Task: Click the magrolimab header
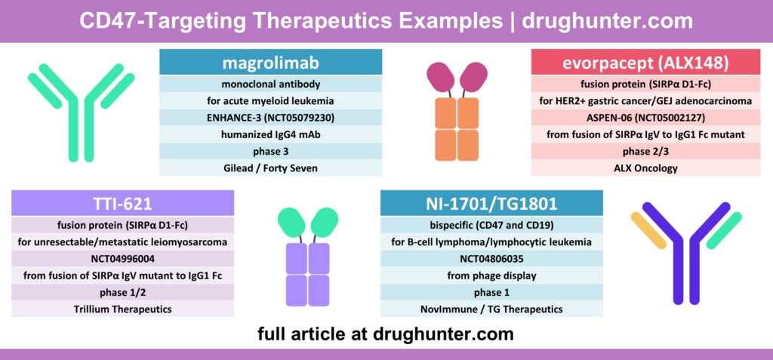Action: click(270, 62)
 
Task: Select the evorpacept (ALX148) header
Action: click(645, 62)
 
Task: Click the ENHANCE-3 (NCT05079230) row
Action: click(270, 117)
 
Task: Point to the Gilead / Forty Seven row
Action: click(270, 168)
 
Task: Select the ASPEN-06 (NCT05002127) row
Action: click(645, 117)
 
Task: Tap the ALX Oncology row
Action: click(645, 168)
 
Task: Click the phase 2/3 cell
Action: click(645, 151)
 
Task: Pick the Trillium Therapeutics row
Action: click(123, 309)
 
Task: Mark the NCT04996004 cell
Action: click(123, 258)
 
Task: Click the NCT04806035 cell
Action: click(491, 258)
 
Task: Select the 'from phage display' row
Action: click(491, 275)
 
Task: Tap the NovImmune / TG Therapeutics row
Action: click(491, 309)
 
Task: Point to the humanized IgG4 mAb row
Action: click(270, 134)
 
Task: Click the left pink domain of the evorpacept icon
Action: click(440, 78)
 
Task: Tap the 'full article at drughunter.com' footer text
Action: click(386, 333)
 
